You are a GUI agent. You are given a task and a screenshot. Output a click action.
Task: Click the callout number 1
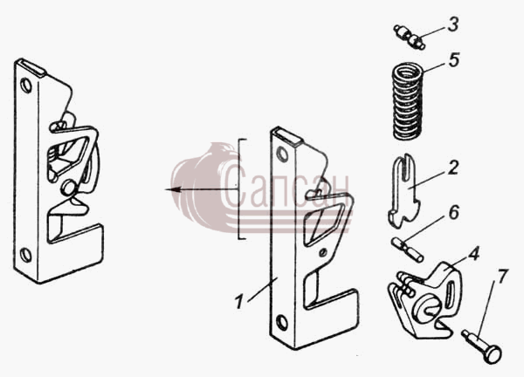pyautogui.click(x=238, y=302)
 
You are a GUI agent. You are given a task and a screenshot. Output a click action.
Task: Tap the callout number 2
pyautogui.click(x=452, y=168)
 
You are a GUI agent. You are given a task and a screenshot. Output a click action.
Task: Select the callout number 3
pyautogui.click(x=452, y=24)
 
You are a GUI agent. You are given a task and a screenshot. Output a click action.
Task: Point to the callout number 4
pyautogui.click(x=473, y=253)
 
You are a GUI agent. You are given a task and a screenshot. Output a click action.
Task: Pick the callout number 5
pyautogui.click(x=454, y=59)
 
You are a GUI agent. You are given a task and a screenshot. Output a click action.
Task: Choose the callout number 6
pyautogui.click(x=453, y=212)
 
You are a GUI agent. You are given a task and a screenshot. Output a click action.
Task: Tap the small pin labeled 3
pyautogui.click(x=410, y=37)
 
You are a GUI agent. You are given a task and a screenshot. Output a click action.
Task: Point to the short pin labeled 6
pyautogui.click(x=408, y=249)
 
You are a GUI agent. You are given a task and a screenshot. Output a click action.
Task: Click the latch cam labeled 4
pyautogui.click(x=424, y=300)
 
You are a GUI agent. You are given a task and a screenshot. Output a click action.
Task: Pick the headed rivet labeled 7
pyautogui.click(x=481, y=346)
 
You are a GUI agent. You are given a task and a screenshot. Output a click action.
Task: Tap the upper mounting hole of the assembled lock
pyautogui.click(x=25, y=86)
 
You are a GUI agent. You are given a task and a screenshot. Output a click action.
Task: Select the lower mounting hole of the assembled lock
pyautogui.click(x=25, y=255)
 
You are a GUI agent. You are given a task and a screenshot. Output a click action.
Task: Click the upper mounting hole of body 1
pyautogui.click(x=283, y=154)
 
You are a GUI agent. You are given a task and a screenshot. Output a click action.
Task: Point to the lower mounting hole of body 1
pyautogui.click(x=282, y=323)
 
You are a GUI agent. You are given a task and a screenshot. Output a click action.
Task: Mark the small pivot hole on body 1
pyautogui.click(x=322, y=253)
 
